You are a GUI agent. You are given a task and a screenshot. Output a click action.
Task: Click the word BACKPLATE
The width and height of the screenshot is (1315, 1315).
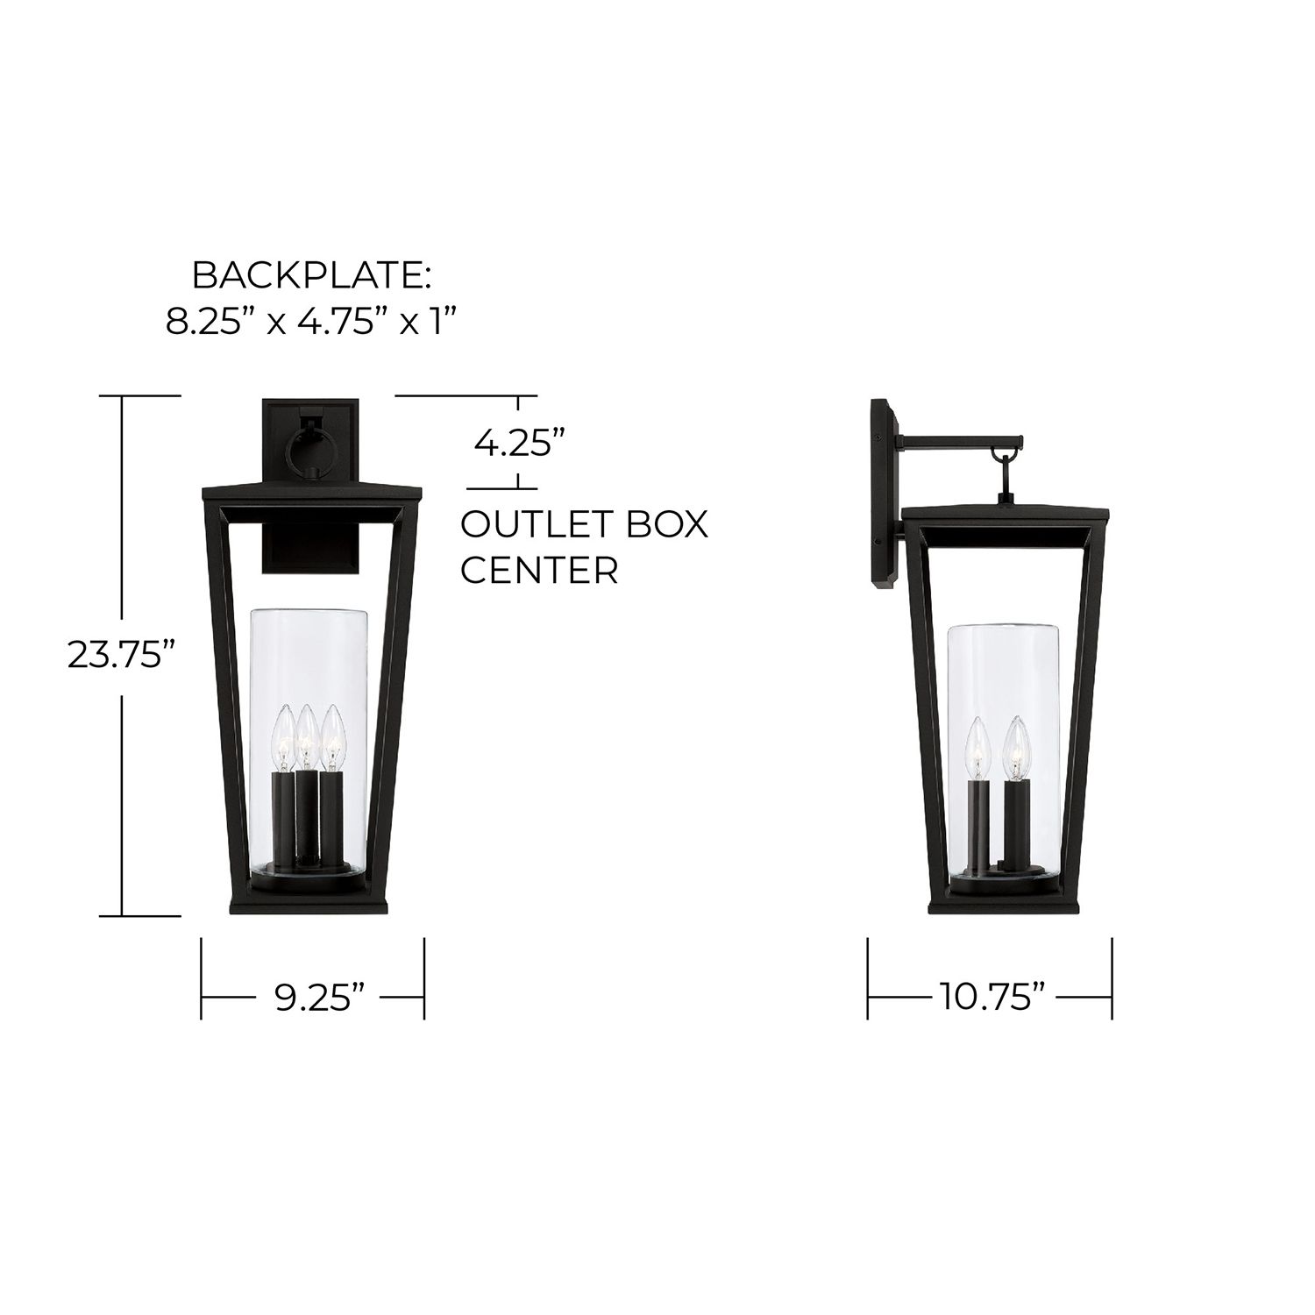coord(311,275)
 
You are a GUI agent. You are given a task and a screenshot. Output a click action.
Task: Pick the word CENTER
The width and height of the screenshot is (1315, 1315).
coord(540,571)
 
